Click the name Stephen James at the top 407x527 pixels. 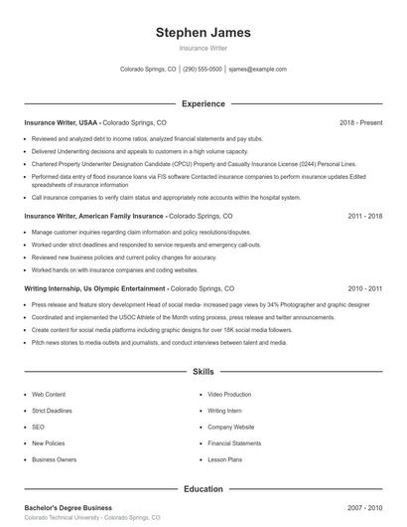pyautogui.click(x=203, y=32)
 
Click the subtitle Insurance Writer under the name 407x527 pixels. pyautogui.click(x=203, y=48)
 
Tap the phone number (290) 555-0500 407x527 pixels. pyautogui.click(x=203, y=70)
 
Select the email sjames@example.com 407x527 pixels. pyautogui.click(x=257, y=70)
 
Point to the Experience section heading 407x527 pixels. pyautogui.click(x=203, y=103)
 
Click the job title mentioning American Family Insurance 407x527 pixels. pyautogui.click(x=94, y=216)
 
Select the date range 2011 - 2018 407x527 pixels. pyautogui.click(x=364, y=216)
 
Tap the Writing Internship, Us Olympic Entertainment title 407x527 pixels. pyautogui.click(x=94, y=288)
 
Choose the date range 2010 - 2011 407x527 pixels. pyautogui.click(x=364, y=288)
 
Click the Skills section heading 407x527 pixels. pyautogui.click(x=203, y=372)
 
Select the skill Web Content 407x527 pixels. pyautogui.click(x=49, y=395)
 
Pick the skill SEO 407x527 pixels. pyautogui.click(x=38, y=427)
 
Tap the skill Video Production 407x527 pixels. pyautogui.click(x=229, y=395)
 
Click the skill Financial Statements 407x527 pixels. pyautogui.click(x=234, y=443)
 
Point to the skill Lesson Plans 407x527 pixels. pyautogui.click(x=225, y=459)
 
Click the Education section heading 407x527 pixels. pyautogui.click(x=203, y=489)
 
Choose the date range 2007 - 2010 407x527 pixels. pyautogui.click(x=364, y=508)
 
